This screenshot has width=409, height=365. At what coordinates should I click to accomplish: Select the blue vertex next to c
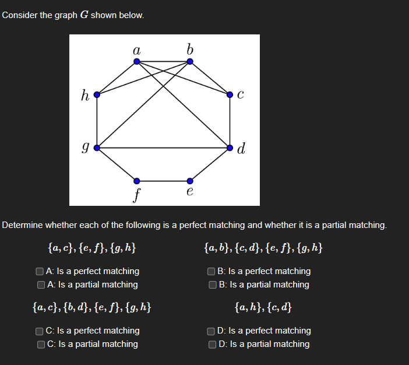pyautogui.click(x=230, y=93)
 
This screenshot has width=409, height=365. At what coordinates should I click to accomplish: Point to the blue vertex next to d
pyautogui.click(x=230, y=148)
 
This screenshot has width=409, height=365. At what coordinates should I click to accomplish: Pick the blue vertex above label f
pyautogui.click(x=136, y=180)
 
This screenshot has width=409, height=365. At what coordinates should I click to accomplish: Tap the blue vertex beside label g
pyautogui.click(x=97, y=148)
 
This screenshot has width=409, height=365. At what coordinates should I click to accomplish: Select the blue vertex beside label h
pyautogui.click(x=97, y=93)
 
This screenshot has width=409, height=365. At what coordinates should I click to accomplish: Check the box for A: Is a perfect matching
pyautogui.click(x=40, y=271)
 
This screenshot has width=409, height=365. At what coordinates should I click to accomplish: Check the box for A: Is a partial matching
pyautogui.click(x=40, y=285)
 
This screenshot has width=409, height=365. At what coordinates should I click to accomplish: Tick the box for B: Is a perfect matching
pyautogui.click(x=211, y=271)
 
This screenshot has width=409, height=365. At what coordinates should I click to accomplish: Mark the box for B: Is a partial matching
pyautogui.click(x=211, y=285)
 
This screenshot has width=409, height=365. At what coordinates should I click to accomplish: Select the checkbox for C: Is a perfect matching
pyautogui.click(x=40, y=331)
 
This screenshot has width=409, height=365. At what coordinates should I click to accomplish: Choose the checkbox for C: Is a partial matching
pyautogui.click(x=40, y=344)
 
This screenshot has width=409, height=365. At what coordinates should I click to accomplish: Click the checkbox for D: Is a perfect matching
pyautogui.click(x=211, y=331)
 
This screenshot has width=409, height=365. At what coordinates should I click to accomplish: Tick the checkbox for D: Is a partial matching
pyautogui.click(x=211, y=344)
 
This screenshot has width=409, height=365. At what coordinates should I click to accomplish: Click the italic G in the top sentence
pyautogui.click(x=83, y=15)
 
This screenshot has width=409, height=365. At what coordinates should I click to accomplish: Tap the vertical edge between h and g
pyautogui.click(x=97, y=120)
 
